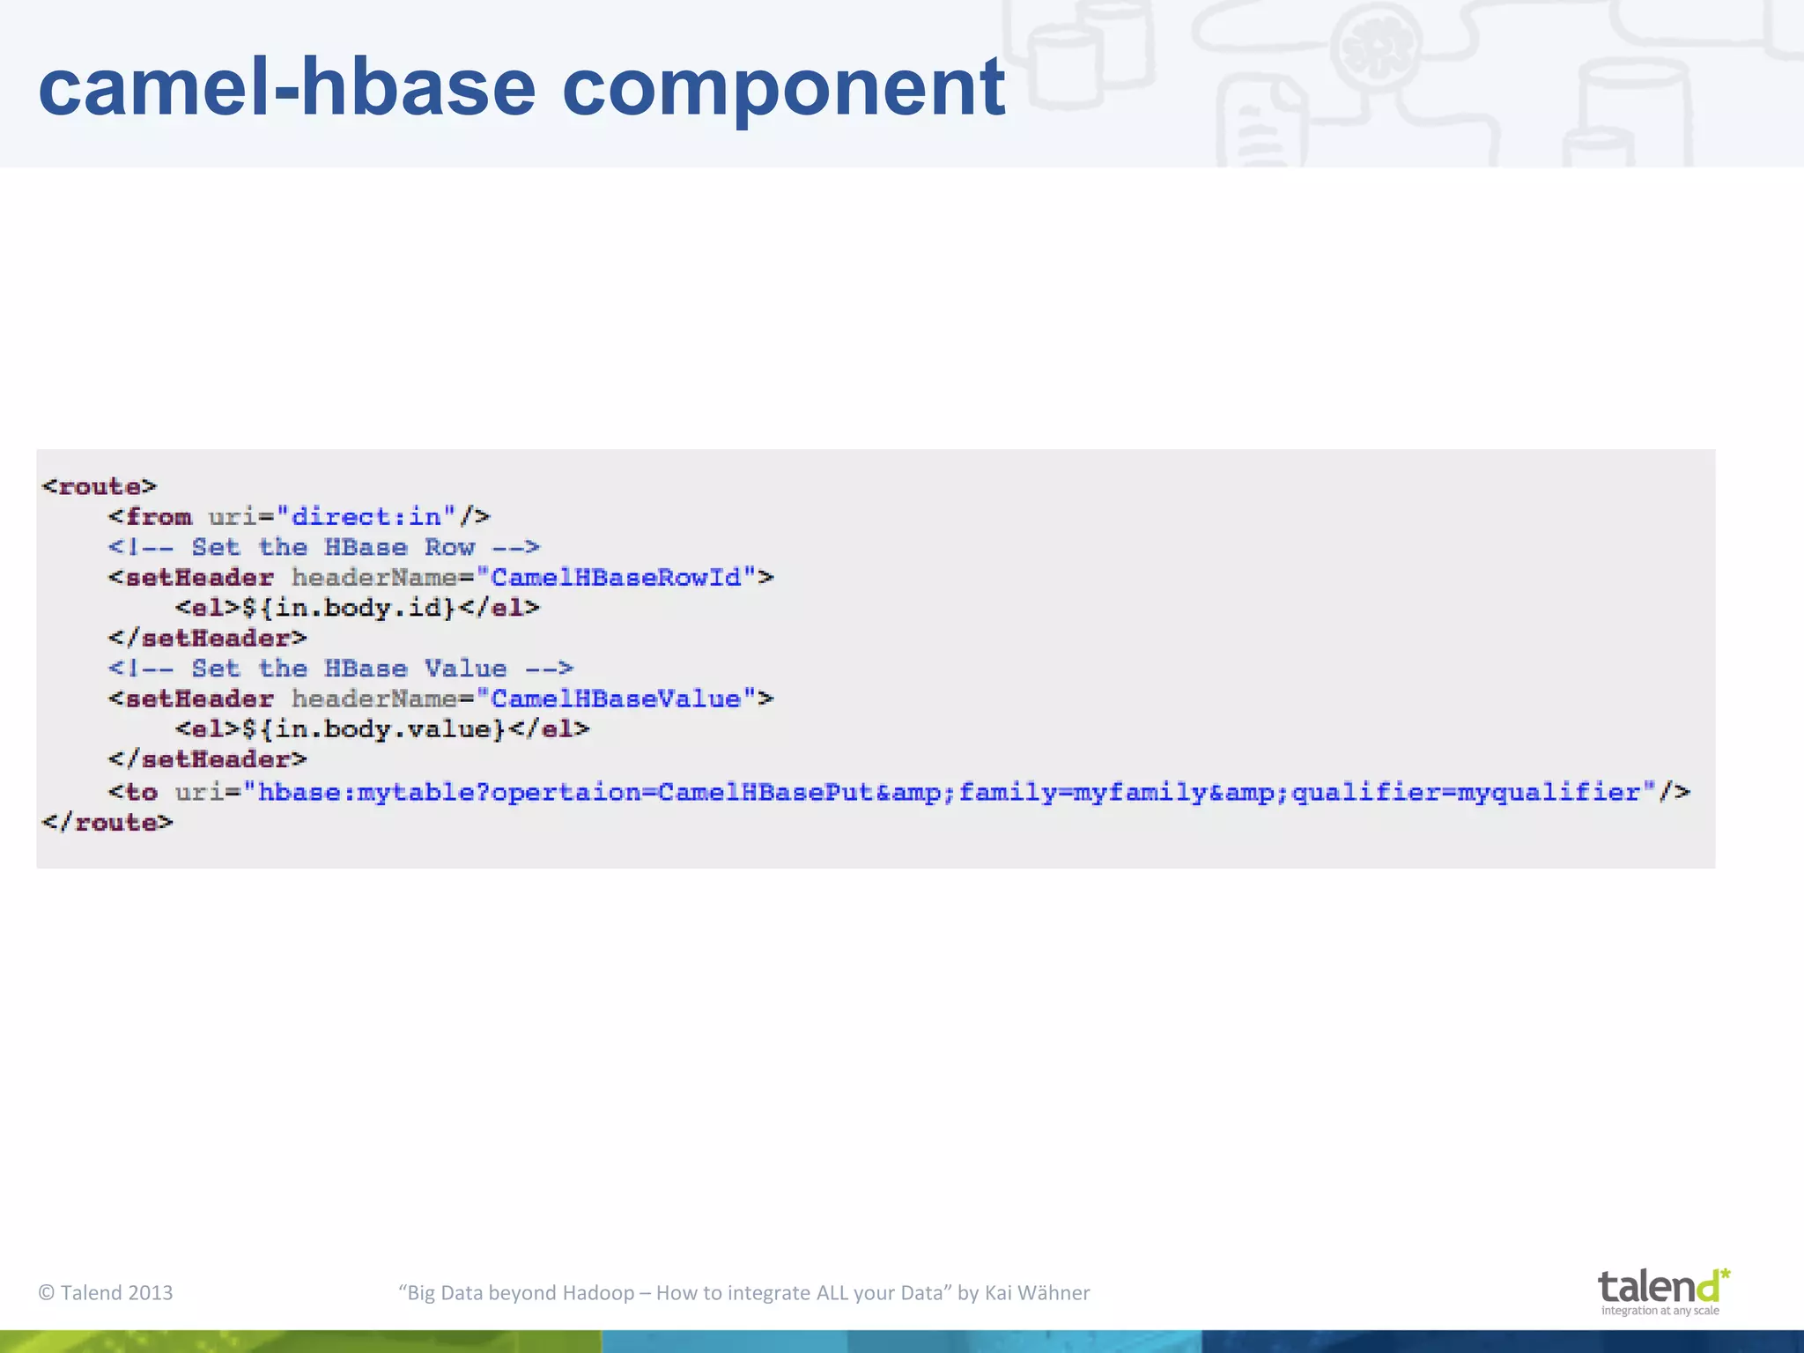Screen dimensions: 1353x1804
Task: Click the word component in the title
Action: point(783,87)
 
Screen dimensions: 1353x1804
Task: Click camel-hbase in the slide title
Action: point(286,87)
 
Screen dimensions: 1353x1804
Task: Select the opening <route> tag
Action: point(99,486)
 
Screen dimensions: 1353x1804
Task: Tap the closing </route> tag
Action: point(107,823)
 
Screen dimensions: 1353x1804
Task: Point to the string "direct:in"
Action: point(366,516)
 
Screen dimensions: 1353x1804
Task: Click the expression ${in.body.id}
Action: point(349,608)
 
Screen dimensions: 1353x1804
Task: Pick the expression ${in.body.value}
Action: point(373,729)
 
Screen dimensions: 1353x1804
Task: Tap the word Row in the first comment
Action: point(449,547)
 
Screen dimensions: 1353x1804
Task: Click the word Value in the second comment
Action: point(465,669)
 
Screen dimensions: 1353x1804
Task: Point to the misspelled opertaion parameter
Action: point(566,793)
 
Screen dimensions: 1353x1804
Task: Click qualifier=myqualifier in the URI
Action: point(1466,793)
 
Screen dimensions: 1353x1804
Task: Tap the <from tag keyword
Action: point(151,516)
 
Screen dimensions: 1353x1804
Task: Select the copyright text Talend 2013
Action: point(106,1292)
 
